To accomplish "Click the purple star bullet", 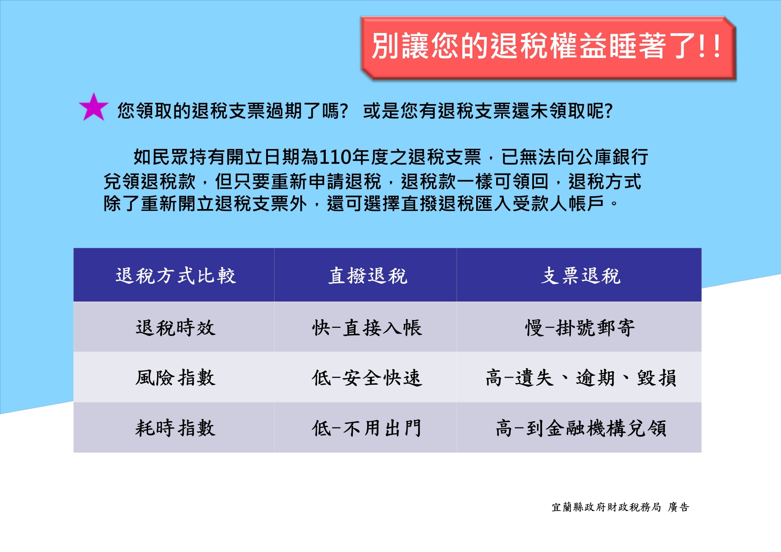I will click(x=93, y=108).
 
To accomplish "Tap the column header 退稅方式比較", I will click(x=175, y=276).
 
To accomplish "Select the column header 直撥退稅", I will click(x=368, y=276).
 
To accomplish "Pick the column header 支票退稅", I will click(x=580, y=276).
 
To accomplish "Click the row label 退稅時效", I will click(x=175, y=328).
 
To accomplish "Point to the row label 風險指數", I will click(x=175, y=378).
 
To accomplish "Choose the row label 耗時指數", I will click(x=175, y=428).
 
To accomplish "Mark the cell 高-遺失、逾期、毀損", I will click(x=580, y=378).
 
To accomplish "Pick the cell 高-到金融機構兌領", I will click(x=580, y=428).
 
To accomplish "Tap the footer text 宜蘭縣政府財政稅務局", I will click(x=606, y=507).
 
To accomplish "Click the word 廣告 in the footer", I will click(x=679, y=507).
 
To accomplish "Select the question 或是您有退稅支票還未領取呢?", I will click(x=488, y=111).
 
